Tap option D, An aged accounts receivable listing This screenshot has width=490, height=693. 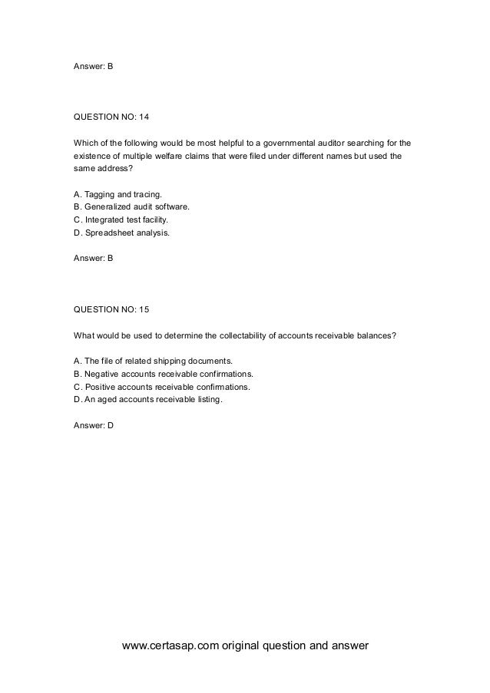coord(148,399)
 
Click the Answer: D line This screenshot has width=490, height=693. coord(93,425)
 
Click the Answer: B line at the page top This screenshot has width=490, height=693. coord(93,67)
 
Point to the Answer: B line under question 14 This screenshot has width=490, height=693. coord(93,259)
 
